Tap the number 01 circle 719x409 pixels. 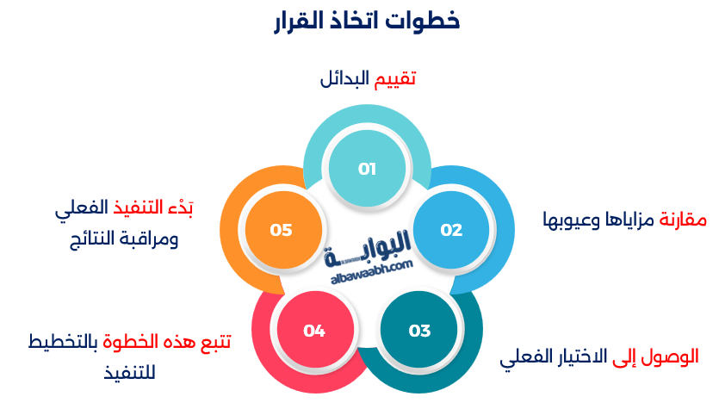pyautogui.click(x=368, y=169)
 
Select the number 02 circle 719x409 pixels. pyautogui.click(x=451, y=230)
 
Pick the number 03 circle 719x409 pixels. pyautogui.click(x=419, y=331)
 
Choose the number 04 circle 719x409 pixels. pyautogui.click(x=314, y=331)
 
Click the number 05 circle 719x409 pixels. pyautogui.click(x=282, y=230)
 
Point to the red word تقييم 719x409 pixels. pyautogui.click(x=395, y=79)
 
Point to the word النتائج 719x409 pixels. pyautogui.click(x=99, y=239)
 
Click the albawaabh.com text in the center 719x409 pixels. pyautogui.click(x=372, y=272)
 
